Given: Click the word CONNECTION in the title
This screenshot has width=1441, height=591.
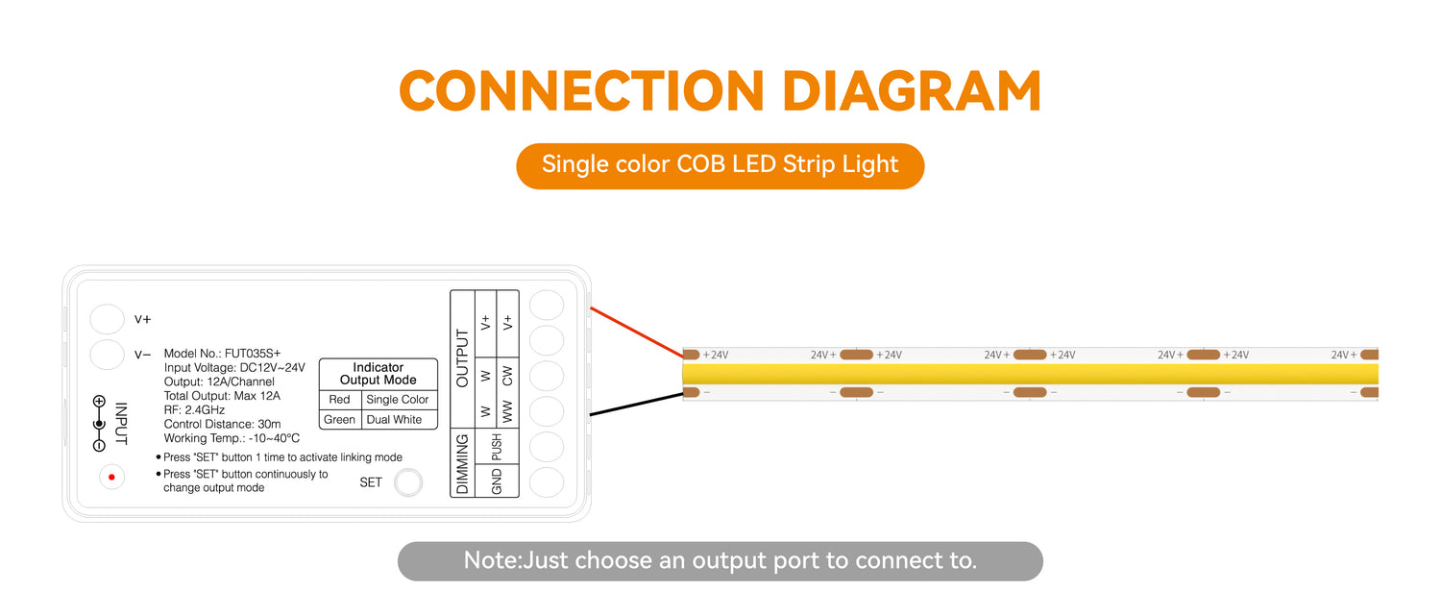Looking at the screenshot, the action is [x=581, y=90].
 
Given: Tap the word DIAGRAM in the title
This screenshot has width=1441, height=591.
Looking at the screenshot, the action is [x=912, y=90].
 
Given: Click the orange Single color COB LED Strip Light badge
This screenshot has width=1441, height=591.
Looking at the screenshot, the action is [x=720, y=166].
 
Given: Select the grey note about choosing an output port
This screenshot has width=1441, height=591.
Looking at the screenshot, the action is [x=720, y=561].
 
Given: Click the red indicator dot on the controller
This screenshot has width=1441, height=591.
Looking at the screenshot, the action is [x=111, y=477].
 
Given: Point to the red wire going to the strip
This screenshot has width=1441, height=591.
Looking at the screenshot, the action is [x=636, y=332].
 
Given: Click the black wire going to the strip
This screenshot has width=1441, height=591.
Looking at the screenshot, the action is [x=636, y=405].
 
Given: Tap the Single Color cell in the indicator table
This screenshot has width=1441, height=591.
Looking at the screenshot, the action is [x=397, y=399].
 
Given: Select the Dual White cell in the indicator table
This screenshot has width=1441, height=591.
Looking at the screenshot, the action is [x=394, y=420].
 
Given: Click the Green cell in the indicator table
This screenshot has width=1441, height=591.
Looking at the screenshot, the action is [x=339, y=420].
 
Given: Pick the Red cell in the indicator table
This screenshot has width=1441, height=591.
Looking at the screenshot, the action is [x=339, y=399].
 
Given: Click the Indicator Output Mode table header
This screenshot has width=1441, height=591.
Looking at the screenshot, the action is [x=379, y=374].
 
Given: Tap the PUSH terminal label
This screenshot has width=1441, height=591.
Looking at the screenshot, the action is [x=497, y=447].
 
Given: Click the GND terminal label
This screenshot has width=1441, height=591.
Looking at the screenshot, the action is [x=497, y=480].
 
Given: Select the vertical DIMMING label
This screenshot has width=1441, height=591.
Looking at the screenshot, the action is [x=462, y=463].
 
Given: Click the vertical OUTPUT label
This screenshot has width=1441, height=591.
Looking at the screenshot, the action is [x=462, y=357].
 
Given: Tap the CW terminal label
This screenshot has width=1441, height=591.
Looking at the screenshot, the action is [x=507, y=376].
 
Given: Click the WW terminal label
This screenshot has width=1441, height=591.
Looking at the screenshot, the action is [x=507, y=412].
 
